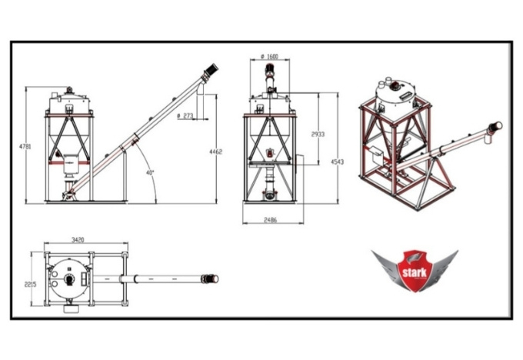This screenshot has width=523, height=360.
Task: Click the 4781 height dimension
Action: point(25,146)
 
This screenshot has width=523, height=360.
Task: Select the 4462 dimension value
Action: point(215,152)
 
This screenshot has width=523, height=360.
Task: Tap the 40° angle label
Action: point(150,173)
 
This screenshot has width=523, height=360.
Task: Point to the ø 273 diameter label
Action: point(185,116)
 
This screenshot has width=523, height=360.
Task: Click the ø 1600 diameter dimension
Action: point(269,56)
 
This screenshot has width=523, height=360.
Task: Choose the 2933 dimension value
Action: point(318,134)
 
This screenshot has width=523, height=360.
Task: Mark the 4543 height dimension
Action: point(337,162)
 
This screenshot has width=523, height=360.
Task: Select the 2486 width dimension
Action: point(271,220)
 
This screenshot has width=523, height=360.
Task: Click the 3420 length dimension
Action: point(78,239)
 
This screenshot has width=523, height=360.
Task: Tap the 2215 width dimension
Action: point(30,285)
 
